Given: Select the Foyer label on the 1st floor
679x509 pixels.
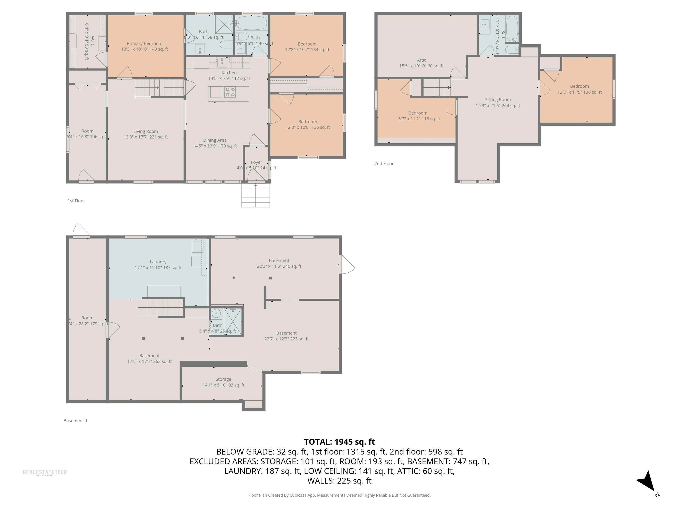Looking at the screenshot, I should tap(256, 162).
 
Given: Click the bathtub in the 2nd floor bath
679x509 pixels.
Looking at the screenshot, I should tap(511, 28).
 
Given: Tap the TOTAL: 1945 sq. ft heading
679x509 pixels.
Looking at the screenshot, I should tap(339, 442).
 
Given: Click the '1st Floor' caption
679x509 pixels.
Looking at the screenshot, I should tap(76, 201).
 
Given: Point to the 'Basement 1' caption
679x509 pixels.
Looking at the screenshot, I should tap(75, 421).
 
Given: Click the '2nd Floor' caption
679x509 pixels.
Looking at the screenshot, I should tap(384, 163).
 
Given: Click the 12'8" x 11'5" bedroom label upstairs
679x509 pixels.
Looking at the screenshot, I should tap(579, 89).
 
